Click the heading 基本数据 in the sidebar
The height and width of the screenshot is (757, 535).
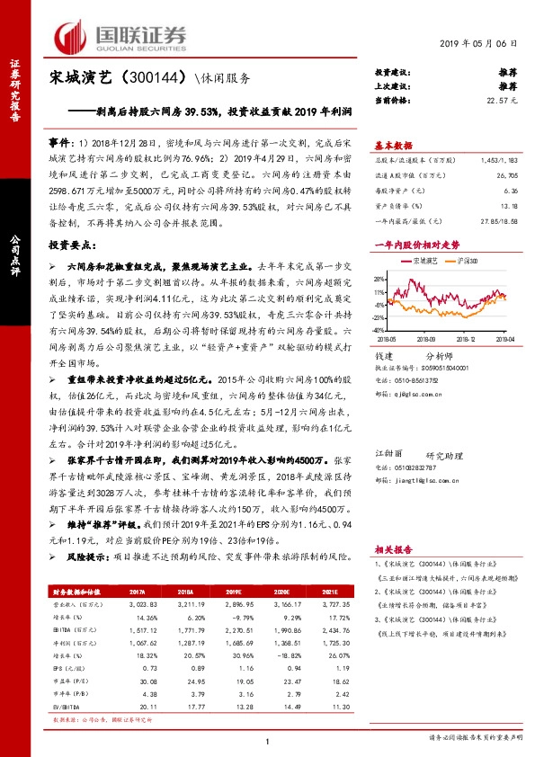[393, 144]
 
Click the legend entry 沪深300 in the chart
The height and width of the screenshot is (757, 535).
[465, 260]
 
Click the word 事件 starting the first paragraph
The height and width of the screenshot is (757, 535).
[58, 143]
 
